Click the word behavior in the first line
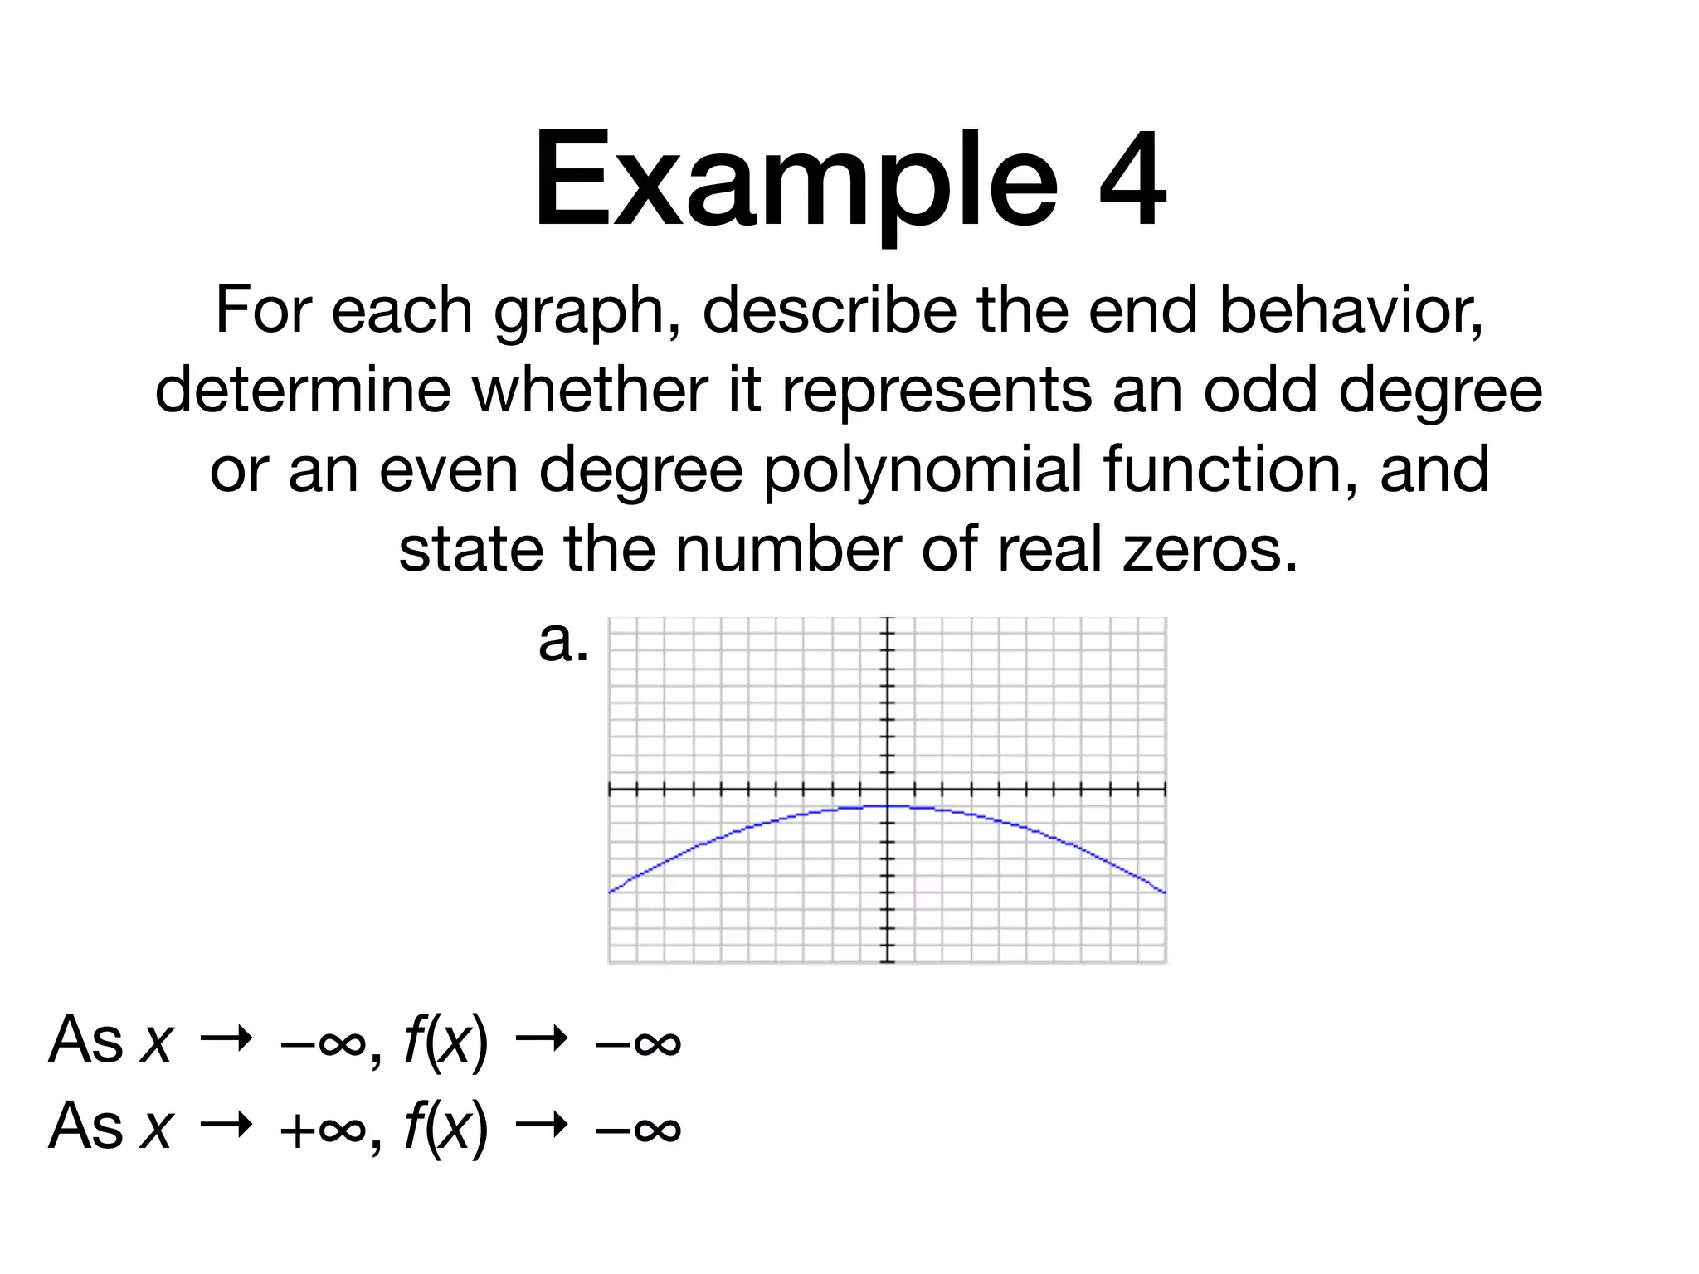[x=1351, y=311]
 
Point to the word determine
[x=302, y=391]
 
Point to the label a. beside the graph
[x=563, y=642]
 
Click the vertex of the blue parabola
[x=888, y=806]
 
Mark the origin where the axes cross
[x=888, y=789]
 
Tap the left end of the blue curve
[x=611, y=892]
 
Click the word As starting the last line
[x=85, y=1126]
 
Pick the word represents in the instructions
[x=937, y=391]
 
